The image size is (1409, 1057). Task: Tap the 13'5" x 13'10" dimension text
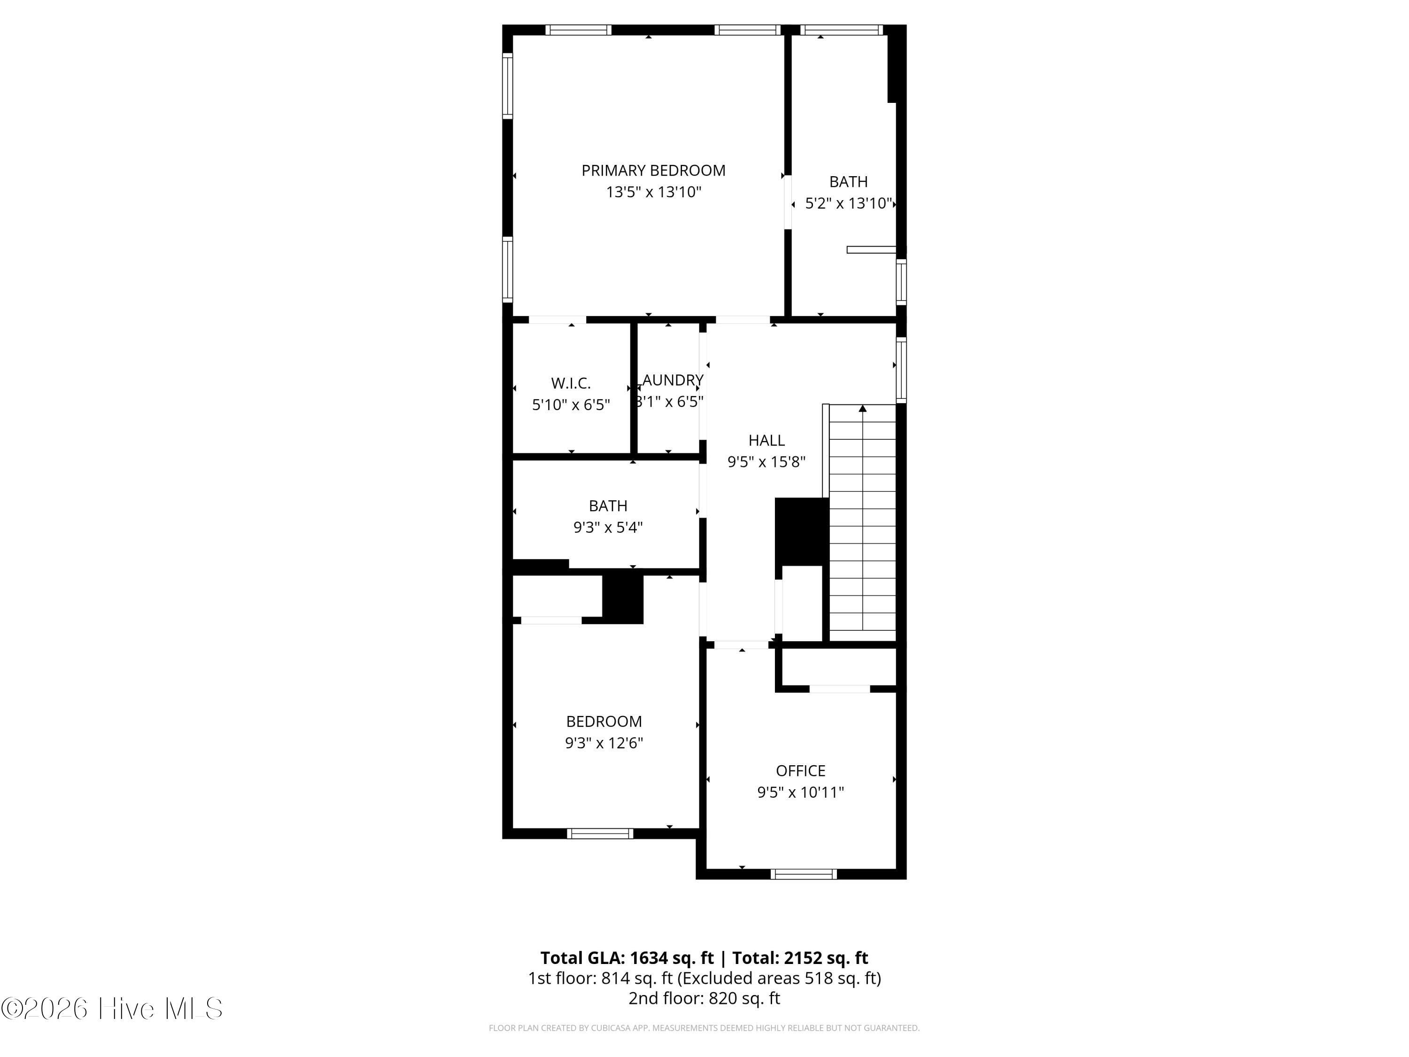(654, 192)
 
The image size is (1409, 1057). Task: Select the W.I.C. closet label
(571, 383)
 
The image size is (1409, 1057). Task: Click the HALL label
(766, 440)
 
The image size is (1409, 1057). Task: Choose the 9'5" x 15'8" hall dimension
(766, 462)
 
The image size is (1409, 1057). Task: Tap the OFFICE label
(801, 771)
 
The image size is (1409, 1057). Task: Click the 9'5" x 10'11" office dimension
(801, 792)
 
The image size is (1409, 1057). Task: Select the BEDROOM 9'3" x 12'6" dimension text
(604, 743)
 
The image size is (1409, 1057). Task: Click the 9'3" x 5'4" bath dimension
(608, 528)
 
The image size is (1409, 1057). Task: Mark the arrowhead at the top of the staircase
(862, 408)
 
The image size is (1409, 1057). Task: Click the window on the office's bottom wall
(803, 874)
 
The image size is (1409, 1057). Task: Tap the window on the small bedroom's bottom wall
(600, 833)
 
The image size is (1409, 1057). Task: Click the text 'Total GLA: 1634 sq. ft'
(627, 957)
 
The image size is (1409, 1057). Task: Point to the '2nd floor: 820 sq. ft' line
(704, 998)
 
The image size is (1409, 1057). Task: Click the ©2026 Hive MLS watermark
(112, 1009)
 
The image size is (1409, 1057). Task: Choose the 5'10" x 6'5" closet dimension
(571, 404)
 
